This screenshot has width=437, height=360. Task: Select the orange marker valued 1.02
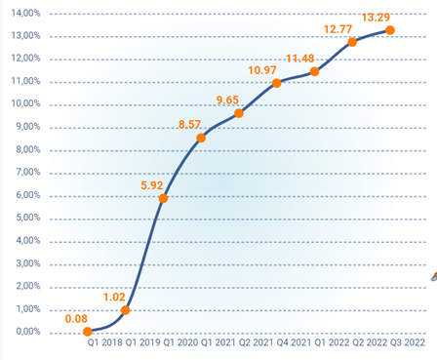pyautogui.click(x=125, y=310)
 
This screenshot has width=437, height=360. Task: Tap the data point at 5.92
pyautogui.click(x=163, y=198)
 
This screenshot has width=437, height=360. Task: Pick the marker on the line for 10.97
pyautogui.click(x=277, y=83)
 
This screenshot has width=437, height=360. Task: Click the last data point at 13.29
pyautogui.click(x=390, y=30)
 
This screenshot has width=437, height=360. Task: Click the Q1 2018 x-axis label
pyautogui.click(x=104, y=343)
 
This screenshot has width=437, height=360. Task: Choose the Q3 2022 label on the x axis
pyautogui.click(x=408, y=343)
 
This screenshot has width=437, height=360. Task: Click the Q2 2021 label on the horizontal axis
pyautogui.click(x=257, y=343)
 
